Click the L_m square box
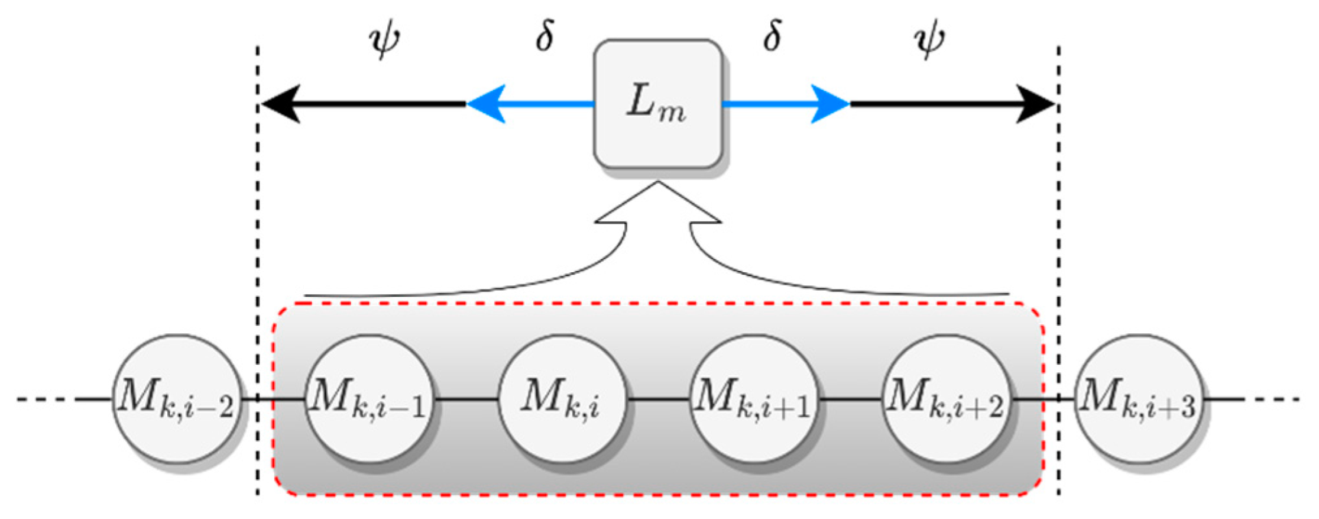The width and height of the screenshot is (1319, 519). [x=657, y=104]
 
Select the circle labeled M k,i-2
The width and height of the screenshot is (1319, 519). [x=176, y=398]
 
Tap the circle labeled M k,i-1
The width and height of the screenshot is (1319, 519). [x=369, y=398]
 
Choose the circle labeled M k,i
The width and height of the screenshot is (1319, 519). [x=561, y=398]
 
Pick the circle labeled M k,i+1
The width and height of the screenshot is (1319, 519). [x=754, y=398]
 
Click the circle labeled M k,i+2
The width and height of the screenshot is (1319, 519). [x=946, y=398]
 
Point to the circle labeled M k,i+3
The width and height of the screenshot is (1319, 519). [x=1138, y=398]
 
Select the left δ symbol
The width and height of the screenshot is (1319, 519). [x=545, y=36]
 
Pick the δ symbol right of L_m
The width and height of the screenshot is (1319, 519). [x=772, y=36]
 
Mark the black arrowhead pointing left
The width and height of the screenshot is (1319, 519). [x=281, y=104]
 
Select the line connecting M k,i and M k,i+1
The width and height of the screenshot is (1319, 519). [x=658, y=398]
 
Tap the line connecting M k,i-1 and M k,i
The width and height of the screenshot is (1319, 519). [x=465, y=398]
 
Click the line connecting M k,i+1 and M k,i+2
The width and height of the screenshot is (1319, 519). [x=850, y=398]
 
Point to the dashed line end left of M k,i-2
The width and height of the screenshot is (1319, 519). [x=41, y=398]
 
